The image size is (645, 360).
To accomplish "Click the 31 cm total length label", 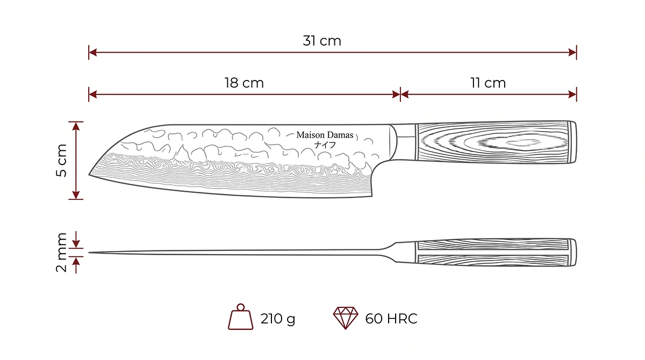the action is (322, 41).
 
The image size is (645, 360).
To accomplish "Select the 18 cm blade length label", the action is (244, 83).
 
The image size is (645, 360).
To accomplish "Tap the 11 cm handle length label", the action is (488, 83).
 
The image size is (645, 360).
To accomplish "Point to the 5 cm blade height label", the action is (61, 160).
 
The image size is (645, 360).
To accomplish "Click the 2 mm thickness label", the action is (61, 252).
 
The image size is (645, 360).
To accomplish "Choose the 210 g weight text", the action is (278, 319).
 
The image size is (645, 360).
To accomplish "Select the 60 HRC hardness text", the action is (391, 319).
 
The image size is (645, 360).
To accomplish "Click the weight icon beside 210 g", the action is (241, 316).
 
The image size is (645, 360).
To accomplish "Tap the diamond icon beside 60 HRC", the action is (346, 318).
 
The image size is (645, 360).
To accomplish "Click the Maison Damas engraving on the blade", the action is (325, 135).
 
